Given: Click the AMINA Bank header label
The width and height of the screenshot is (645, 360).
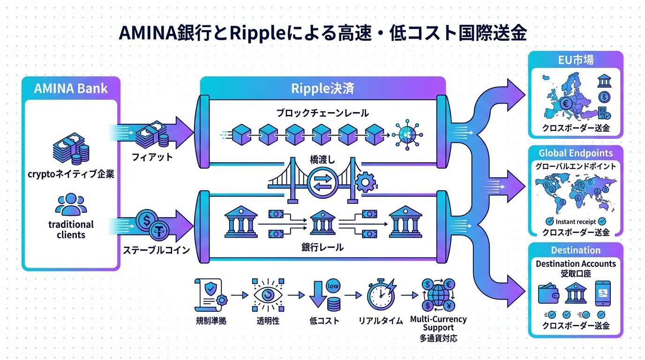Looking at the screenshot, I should [71, 89].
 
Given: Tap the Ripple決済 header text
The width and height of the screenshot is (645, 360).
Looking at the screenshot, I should [322, 88].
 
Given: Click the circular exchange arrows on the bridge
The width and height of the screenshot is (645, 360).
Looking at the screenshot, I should [323, 180].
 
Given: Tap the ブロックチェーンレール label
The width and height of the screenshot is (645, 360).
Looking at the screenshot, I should [322, 113].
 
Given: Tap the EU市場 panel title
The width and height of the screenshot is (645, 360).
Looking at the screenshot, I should [576, 60].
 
